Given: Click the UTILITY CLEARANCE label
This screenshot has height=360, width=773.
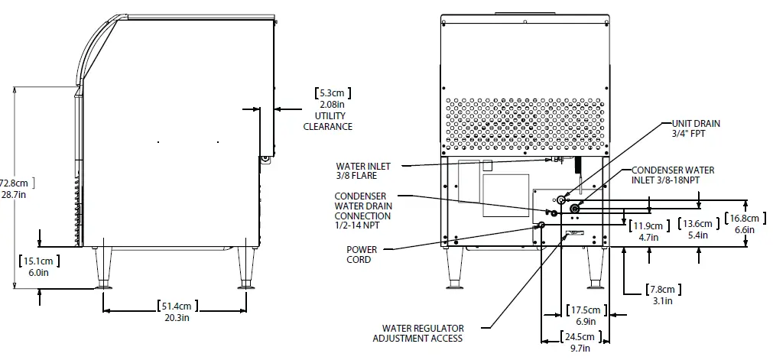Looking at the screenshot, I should [x=328, y=121].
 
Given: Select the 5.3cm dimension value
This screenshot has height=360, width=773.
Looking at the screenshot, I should [x=331, y=93].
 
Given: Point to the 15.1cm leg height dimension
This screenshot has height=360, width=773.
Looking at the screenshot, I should [x=38, y=261].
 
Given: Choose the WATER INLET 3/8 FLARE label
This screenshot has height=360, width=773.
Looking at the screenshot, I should [x=362, y=170].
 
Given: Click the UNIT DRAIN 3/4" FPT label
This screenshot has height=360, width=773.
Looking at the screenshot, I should [x=695, y=128].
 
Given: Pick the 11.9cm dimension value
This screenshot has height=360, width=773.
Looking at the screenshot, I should [x=649, y=225].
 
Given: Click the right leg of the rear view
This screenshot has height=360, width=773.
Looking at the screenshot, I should [x=593, y=268].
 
